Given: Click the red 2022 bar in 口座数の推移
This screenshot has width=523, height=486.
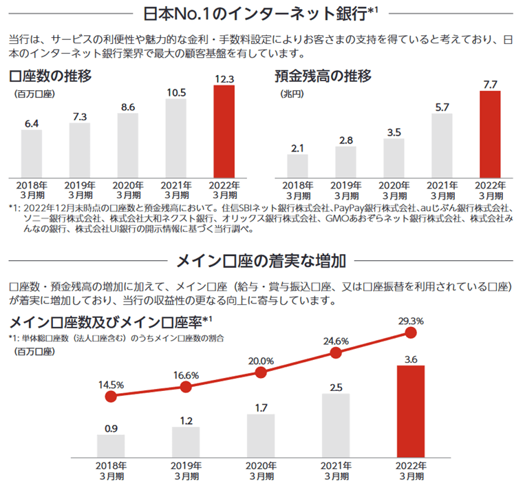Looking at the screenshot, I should click(224, 131).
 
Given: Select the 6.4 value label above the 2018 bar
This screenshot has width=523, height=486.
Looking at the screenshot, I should click(31, 123).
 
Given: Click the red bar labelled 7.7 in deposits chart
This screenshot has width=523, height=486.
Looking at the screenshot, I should click(490, 134).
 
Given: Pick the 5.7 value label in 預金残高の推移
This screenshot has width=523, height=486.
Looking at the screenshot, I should click(442, 107).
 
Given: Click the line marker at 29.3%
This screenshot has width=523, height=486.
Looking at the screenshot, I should click(412, 333).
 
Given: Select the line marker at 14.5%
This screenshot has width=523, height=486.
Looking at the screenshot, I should click(110, 397).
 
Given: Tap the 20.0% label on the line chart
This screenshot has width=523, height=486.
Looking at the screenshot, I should click(261, 360).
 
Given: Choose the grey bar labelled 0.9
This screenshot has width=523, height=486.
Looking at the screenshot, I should click(110, 445).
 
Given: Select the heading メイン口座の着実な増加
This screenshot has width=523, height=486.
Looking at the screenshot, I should click(261, 260).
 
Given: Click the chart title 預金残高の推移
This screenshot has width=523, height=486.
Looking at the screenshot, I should click(323, 76).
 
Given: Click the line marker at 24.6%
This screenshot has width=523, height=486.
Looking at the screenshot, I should click(336, 352).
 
